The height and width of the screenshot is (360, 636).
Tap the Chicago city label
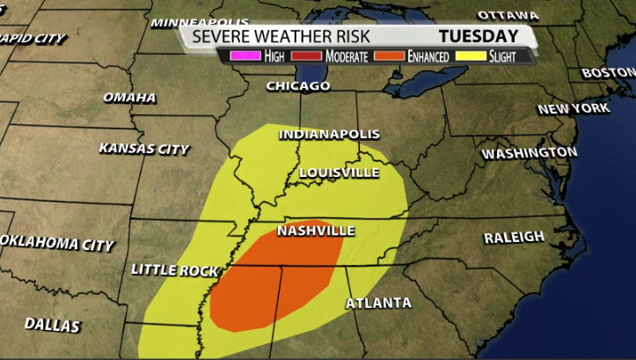pos(298,86)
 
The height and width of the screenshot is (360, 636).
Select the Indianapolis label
pos(329,135)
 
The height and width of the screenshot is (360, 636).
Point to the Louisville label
pos(339,173)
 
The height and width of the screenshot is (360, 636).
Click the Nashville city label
pos(315,231)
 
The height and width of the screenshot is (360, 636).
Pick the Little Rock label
pos(173,270)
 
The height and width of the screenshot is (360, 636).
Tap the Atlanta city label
pos(378,303)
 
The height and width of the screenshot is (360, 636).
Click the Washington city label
pos(529,153)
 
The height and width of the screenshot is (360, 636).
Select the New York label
pos(573,108)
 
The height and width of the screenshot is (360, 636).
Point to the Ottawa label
pos(508,15)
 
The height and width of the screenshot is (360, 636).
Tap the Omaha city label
pos(129,97)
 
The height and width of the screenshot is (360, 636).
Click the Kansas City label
pos(143,149)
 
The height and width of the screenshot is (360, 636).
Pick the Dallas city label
pos(52,325)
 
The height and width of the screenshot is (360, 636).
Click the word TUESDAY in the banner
pos(479,36)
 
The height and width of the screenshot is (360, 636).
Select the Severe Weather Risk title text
pos(281,36)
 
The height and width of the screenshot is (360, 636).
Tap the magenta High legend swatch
pos(238,56)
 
